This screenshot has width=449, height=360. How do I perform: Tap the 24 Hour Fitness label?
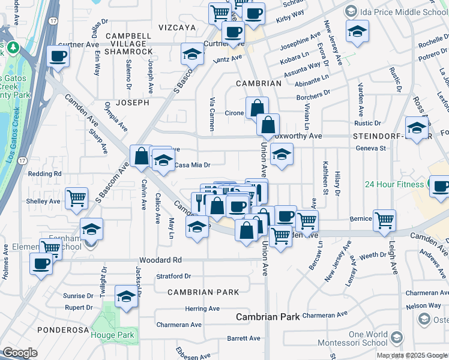(394, 184)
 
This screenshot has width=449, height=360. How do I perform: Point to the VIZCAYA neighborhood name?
(177, 28)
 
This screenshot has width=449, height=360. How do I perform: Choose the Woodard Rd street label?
(160, 260)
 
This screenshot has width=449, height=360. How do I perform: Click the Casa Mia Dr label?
(192, 165)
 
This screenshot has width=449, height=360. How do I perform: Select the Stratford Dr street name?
(173, 277)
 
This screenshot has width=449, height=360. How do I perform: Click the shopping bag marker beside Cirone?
(256, 108)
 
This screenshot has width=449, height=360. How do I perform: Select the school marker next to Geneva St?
(282, 154)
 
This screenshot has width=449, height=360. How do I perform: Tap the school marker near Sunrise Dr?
(126, 296)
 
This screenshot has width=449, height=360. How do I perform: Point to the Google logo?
(20, 353)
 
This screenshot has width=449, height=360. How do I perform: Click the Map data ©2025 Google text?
(411, 355)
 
